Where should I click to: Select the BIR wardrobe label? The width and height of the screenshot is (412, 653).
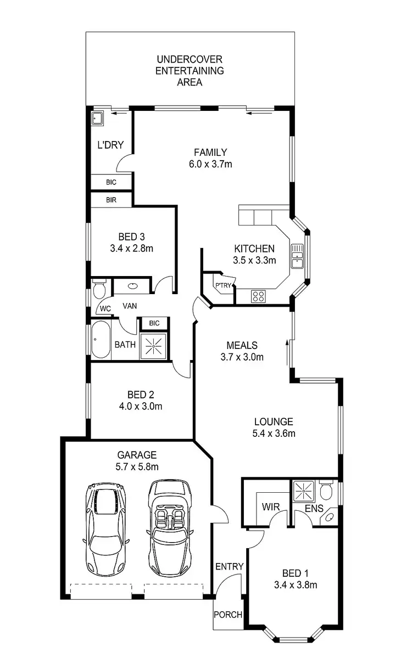coord(111,200)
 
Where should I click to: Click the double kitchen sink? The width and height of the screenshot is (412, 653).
coord(298,256)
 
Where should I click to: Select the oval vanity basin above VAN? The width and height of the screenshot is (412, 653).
coord(133,286)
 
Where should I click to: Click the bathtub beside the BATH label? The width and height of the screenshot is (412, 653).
coord(100,340)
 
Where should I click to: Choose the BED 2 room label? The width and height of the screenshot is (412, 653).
coord(141,395)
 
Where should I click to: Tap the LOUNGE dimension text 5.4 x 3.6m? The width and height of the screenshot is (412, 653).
coord(273,434)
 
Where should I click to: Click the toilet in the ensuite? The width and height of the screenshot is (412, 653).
coord(326,490)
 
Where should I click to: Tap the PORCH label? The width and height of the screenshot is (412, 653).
coord(227,615)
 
